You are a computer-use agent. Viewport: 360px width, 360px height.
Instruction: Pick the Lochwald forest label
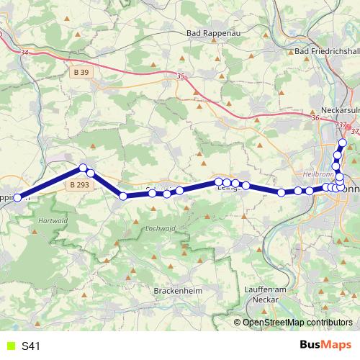[161, 228]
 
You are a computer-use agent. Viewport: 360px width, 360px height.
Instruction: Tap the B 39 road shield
[81, 73]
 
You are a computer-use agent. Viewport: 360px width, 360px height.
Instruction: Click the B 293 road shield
[81, 185]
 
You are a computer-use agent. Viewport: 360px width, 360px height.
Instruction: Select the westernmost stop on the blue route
[18, 197]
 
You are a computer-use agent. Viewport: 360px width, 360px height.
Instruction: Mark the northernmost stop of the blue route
[343, 143]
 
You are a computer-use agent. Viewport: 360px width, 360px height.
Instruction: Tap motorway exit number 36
[315, 117]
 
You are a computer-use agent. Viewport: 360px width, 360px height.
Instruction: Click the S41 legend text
[31, 346]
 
